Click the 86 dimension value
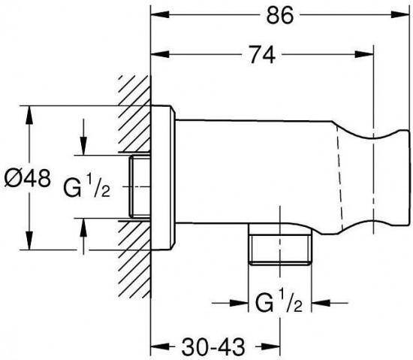pos(279,15)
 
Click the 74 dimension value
pos(262,55)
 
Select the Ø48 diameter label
pos(27,178)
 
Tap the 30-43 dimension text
pos(213,346)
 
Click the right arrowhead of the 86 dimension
pos(400,14)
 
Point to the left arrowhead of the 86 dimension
pos(160,14)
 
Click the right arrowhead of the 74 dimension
pos(364,54)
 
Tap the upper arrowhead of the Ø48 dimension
pos(29,115)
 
